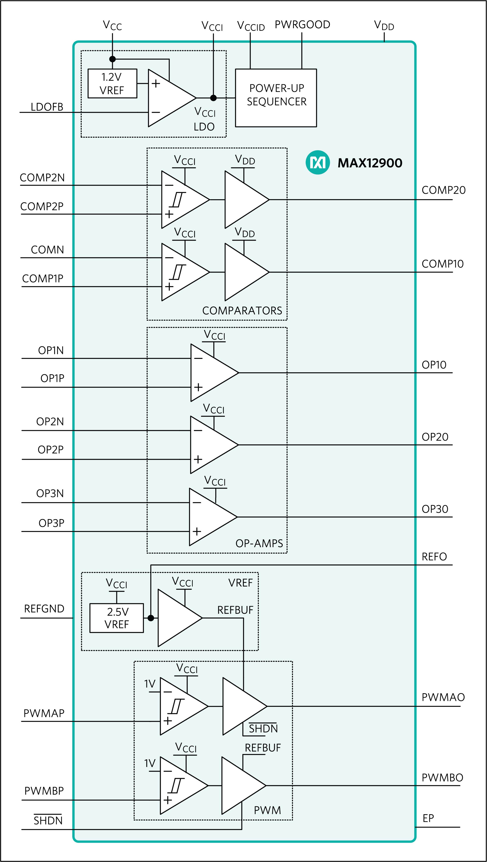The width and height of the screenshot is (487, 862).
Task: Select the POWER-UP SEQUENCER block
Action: (x=276, y=98)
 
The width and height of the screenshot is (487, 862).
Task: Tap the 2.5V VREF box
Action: (x=117, y=618)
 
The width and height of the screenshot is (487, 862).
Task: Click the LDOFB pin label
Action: (x=47, y=107)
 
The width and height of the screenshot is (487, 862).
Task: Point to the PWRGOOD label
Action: (x=302, y=25)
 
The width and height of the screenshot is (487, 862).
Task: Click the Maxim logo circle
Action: (x=318, y=162)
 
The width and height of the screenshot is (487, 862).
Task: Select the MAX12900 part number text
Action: (x=370, y=163)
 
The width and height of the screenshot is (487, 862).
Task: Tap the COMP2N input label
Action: (x=42, y=178)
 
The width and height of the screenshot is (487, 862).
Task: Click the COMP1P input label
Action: (x=43, y=278)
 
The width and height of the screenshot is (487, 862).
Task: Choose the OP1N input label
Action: (x=51, y=350)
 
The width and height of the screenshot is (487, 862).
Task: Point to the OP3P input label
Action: (x=51, y=523)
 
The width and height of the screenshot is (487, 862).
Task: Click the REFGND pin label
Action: (x=44, y=609)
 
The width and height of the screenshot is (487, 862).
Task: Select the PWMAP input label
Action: (x=44, y=714)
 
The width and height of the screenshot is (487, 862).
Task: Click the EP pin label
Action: (x=428, y=818)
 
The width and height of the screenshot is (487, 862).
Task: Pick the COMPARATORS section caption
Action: (x=242, y=311)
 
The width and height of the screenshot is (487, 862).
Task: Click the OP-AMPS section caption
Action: (x=259, y=543)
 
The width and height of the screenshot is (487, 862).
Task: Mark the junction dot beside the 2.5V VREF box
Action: (x=151, y=618)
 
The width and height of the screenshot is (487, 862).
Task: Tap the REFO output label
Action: (x=434, y=557)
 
